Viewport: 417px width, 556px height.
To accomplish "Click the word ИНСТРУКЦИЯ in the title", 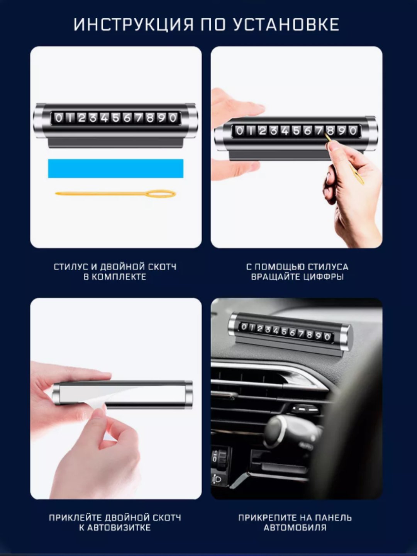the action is tap(134, 25).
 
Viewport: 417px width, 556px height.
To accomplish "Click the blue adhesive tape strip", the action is tap(116, 168).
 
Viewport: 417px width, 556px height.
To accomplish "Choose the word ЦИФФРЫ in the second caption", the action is tap(322, 277).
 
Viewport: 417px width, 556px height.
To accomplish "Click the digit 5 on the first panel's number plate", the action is tap(116, 118).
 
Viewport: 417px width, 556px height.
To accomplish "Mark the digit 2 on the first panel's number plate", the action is tap(81, 118).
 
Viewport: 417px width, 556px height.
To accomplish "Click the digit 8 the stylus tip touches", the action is tap(330, 131).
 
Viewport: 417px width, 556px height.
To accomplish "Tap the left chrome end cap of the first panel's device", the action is tap(39, 120).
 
